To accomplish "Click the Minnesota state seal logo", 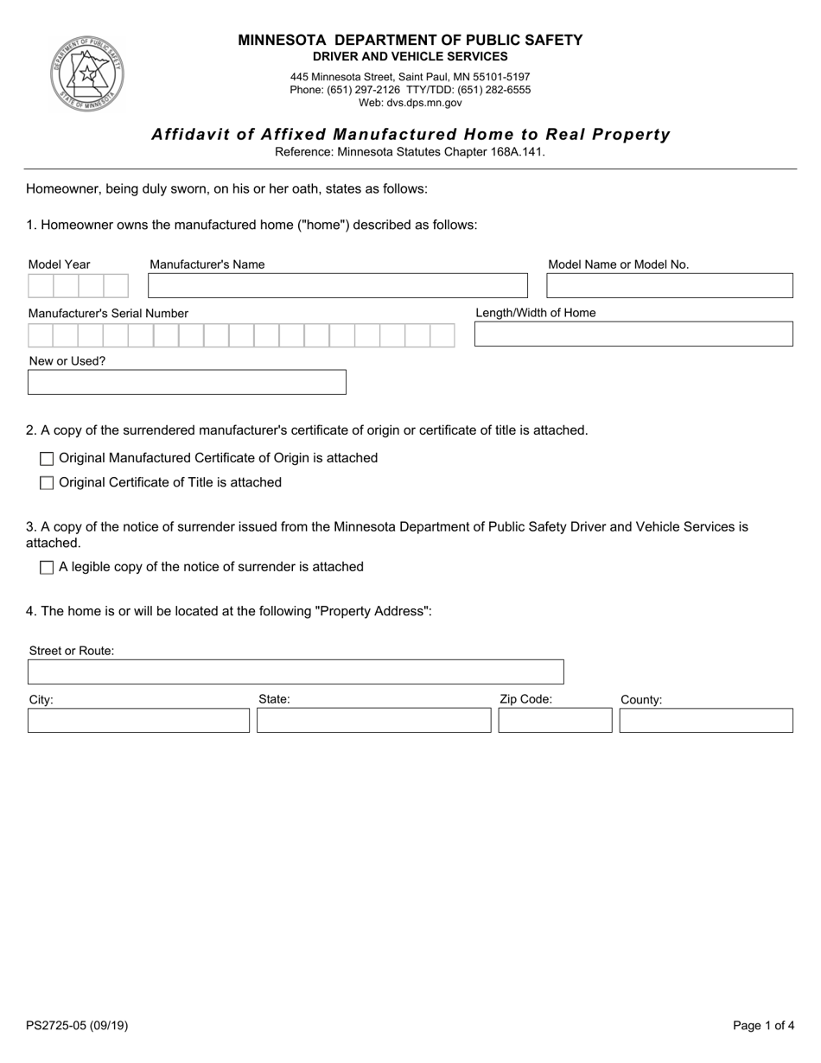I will (86, 73).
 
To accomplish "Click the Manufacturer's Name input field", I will (337, 286).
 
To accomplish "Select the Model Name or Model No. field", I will (669, 286).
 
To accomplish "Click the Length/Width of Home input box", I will (633, 334).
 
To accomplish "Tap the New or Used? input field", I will (187, 383).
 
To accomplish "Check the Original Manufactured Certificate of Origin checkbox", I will (47, 459).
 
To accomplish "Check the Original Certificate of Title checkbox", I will (47, 483).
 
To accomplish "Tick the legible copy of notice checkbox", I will (47, 568).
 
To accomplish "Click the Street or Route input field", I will (295, 672).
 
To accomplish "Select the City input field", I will (138, 721).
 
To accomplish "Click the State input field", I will (373, 721).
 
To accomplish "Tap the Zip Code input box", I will (555, 721).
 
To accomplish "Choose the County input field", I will (705, 721).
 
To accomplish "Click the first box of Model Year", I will (41, 286).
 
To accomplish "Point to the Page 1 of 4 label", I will (763, 1026).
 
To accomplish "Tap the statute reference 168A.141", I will (520, 152).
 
